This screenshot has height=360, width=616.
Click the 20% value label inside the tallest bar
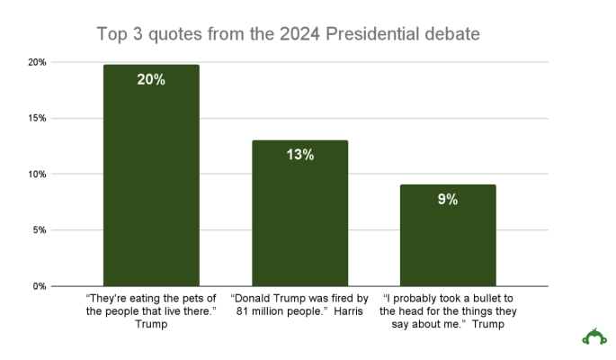click(x=151, y=79)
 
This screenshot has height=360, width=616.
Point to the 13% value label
click(x=299, y=155)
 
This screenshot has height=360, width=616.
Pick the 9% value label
click(x=447, y=200)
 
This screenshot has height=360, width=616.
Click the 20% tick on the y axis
click(x=36, y=62)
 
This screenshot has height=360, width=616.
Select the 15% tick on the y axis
click(x=36, y=118)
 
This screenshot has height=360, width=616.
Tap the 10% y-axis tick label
click(x=36, y=174)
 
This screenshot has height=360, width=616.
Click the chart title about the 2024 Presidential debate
click(x=289, y=34)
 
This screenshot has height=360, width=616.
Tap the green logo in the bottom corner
click(x=594, y=337)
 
